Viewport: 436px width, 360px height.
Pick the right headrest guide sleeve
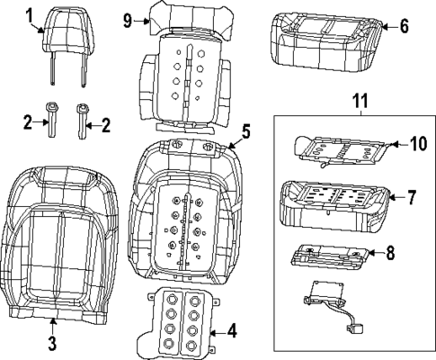84,120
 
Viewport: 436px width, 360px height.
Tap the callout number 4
232,331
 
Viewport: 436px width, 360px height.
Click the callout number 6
404,26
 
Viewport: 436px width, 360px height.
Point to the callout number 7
411,195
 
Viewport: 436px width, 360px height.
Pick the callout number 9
128,20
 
